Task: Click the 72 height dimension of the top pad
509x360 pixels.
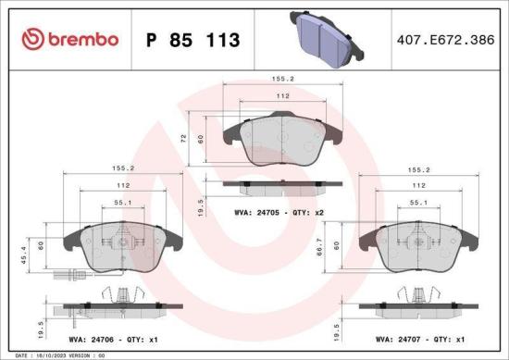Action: [x=196, y=138]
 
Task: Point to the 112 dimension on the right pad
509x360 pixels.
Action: [x=417, y=185]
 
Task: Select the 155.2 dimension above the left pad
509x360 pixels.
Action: [x=123, y=168]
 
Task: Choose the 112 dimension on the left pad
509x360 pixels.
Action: [x=122, y=185]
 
